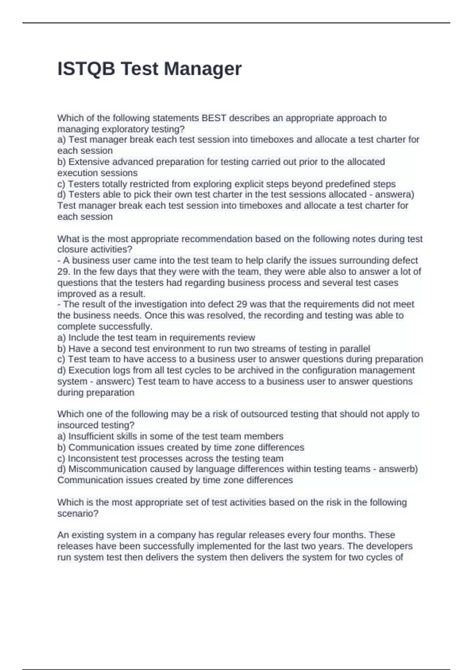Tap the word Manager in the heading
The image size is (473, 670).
(203, 69)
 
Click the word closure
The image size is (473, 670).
(73, 249)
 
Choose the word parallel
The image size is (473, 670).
(354, 348)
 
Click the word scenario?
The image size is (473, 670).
(78, 513)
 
